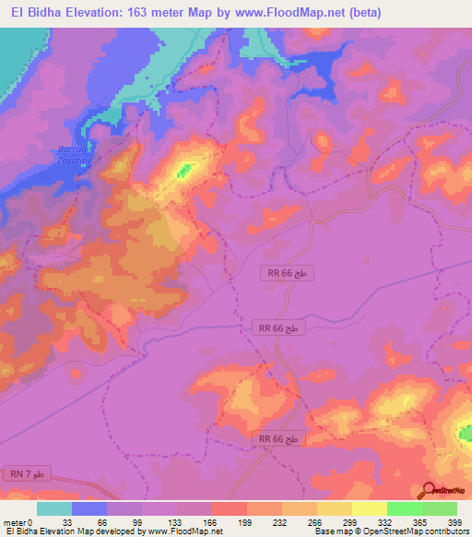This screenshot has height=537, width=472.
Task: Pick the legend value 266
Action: pos(313,522)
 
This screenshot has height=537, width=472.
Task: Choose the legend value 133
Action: pos(176,522)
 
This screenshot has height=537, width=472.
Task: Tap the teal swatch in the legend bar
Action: pos(54,508)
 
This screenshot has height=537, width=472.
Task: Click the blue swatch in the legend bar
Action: pos(89,508)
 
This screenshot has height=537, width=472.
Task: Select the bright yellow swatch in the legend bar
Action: pos(369,508)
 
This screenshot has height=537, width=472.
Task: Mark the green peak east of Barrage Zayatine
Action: pos(185,169)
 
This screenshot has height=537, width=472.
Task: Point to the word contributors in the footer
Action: pos(441,531)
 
